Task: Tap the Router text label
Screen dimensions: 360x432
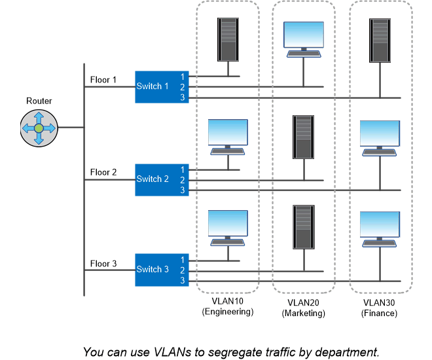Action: [39, 101]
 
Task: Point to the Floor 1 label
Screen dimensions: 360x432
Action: [103, 81]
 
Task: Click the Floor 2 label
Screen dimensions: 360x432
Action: [103, 172]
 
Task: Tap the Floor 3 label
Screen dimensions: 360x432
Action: [103, 264]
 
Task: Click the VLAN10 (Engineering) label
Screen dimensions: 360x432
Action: [227, 307]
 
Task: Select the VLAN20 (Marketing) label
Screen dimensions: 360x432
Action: [303, 308]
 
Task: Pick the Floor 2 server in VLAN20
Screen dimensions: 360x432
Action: [303, 136]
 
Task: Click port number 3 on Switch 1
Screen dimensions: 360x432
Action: [183, 98]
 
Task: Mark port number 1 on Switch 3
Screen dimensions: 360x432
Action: [183, 259]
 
